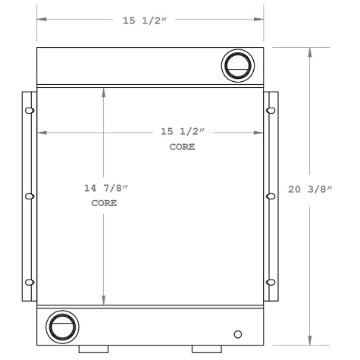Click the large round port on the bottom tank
click(x=60, y=327)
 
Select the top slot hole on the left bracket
click(x=30, y=111)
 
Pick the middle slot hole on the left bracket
click(x=30, y=197)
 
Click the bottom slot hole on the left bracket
click(x=30, y=283)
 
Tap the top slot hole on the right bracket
click(x=271, y=111)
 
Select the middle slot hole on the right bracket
click(x=271, y=197)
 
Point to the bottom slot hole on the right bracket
click(x=271, y=283)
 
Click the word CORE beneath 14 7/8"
click(x=103, y=204)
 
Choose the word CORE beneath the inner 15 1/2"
click(x=181, y=147)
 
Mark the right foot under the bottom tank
click(x=205, y=349)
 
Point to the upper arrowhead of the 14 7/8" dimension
click(x=104, y=91)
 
